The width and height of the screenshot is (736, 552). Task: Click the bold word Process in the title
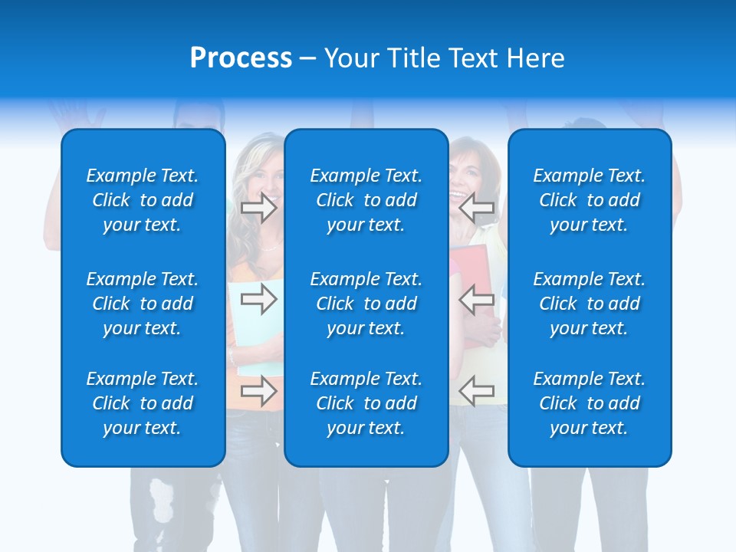(x=241, y=58)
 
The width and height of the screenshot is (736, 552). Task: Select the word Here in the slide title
(x=534, y=58)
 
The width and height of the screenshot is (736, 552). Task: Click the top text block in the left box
(x=143, y=200)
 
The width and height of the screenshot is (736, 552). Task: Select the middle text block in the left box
(x=143, y=304)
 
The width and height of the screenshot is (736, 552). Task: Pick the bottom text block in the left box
(x=143, y=403)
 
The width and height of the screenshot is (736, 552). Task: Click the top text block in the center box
(x=366, y=200)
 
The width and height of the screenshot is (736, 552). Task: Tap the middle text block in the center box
(x=366, y=304)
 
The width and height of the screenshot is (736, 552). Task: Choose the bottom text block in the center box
(x=366, y=403)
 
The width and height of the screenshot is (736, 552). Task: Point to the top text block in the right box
(x=589, y=200)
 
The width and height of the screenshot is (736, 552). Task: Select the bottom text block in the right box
(x=589, y=403)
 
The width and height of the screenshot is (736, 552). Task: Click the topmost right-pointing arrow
(x=258, y=207)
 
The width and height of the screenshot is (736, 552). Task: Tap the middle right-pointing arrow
(x=258, y=298)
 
